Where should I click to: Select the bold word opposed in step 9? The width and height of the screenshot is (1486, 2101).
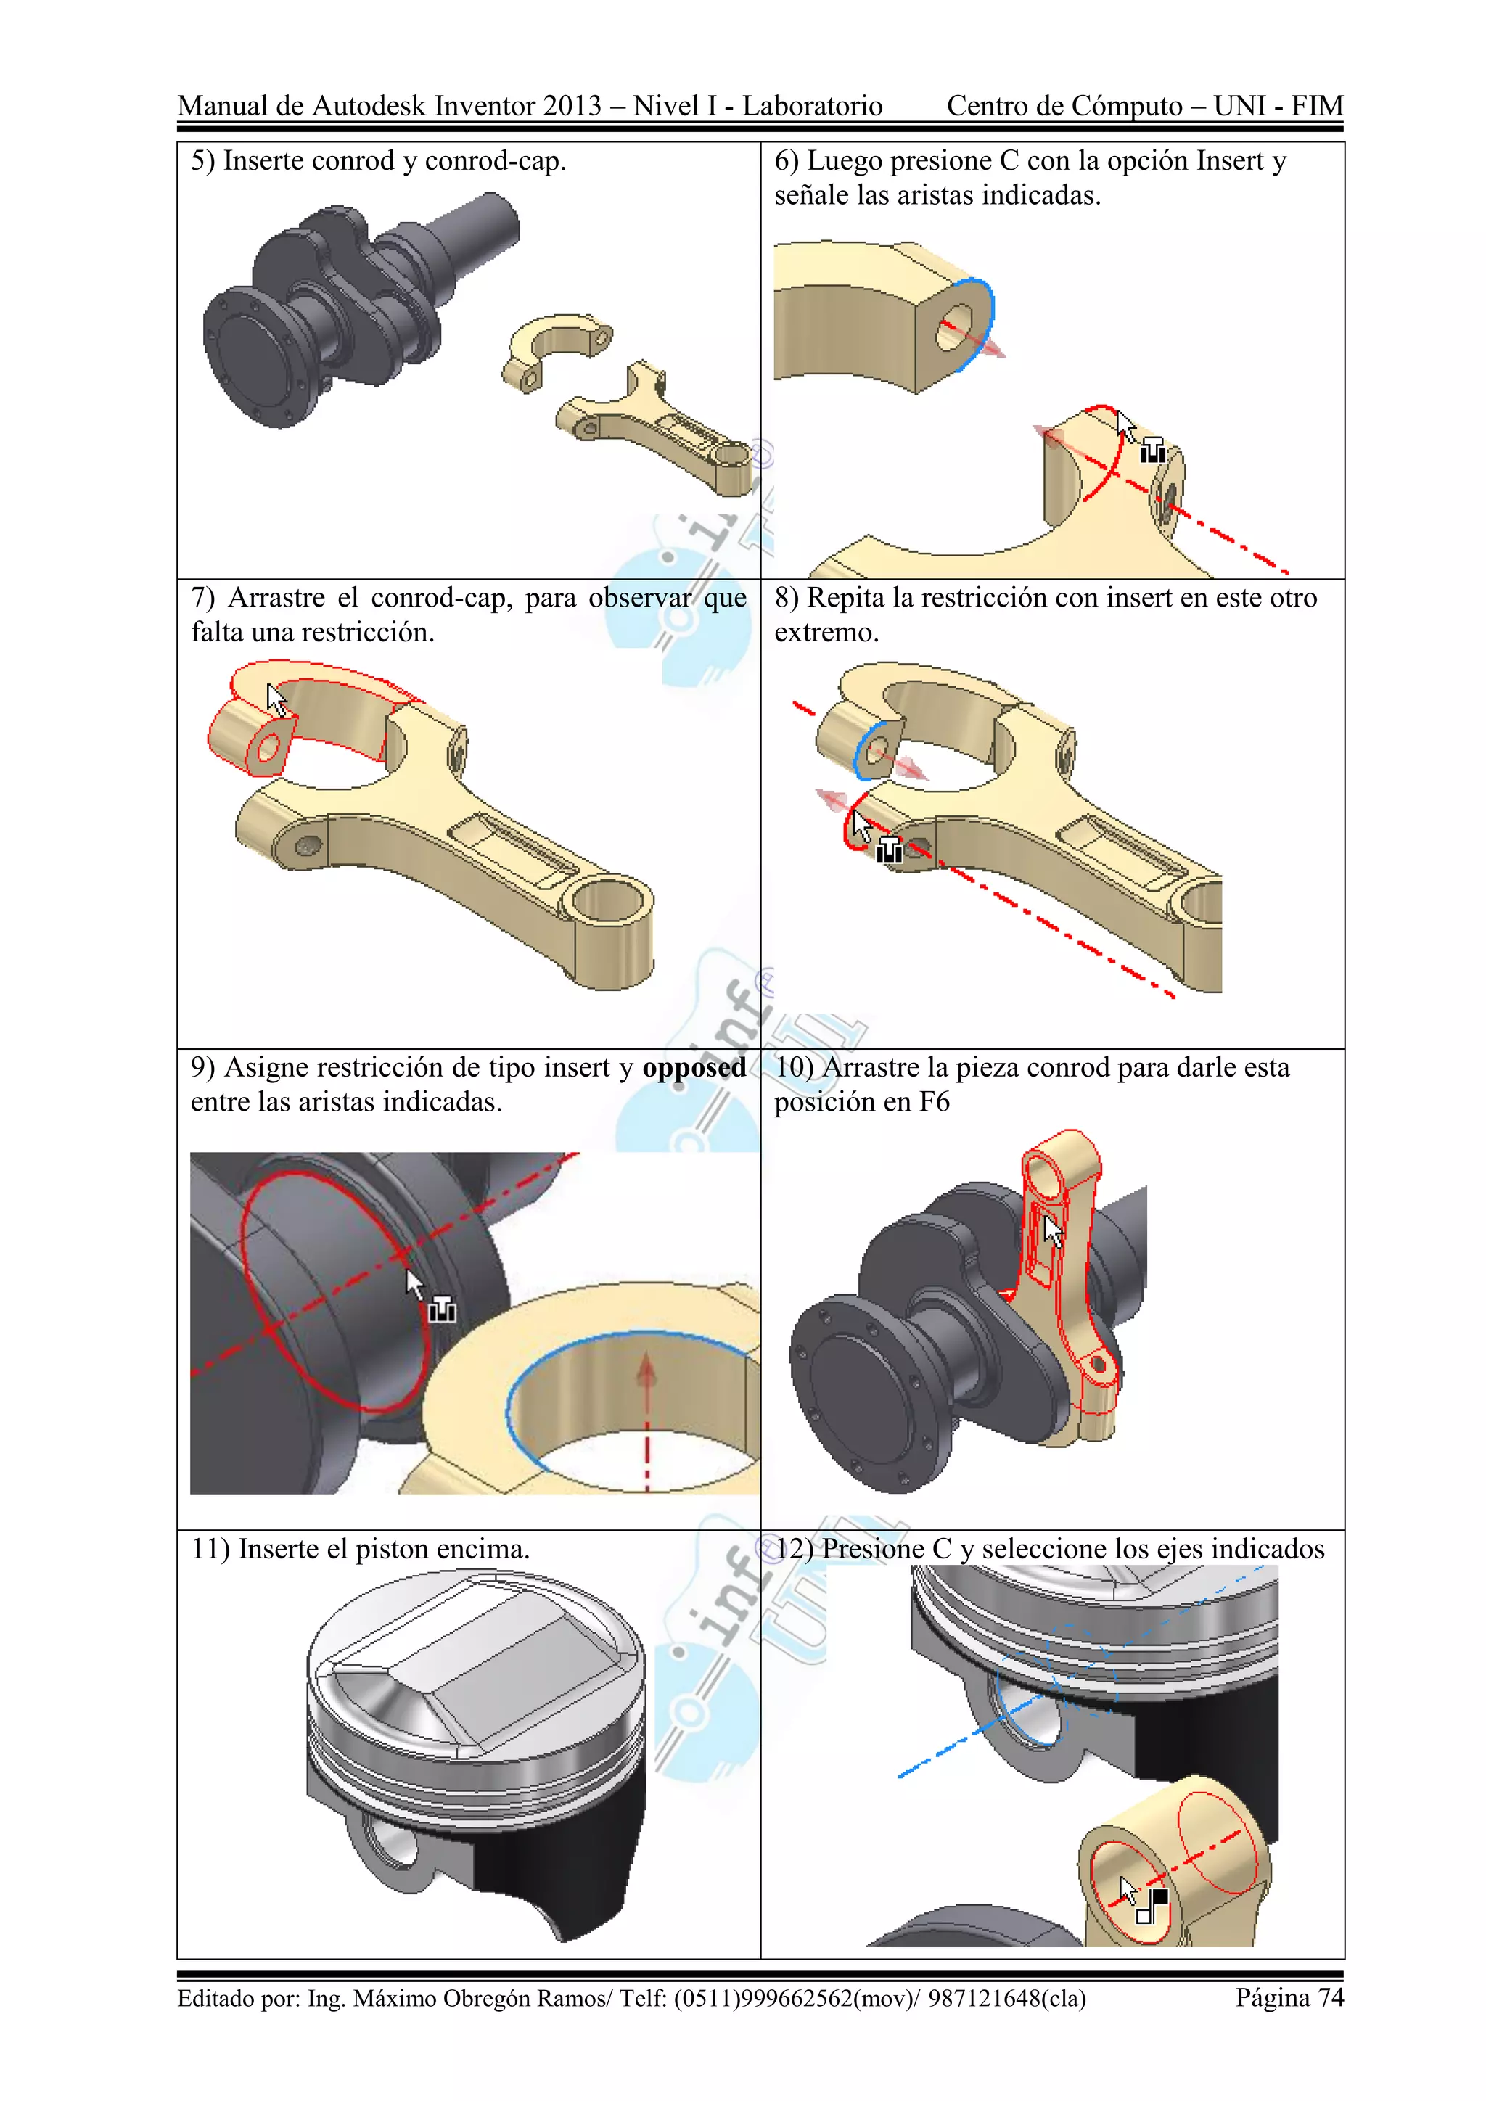pyautogui.click(x=694, y=1069)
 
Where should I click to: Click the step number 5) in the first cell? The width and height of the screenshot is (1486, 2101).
pyautogui.click(x=202, y=161)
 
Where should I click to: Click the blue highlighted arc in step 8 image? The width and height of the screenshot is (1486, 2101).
pyautogui.click(x=865, y=746)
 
